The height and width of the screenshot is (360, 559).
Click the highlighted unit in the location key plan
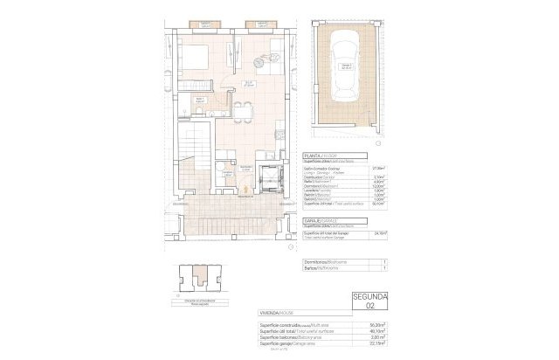206,281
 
